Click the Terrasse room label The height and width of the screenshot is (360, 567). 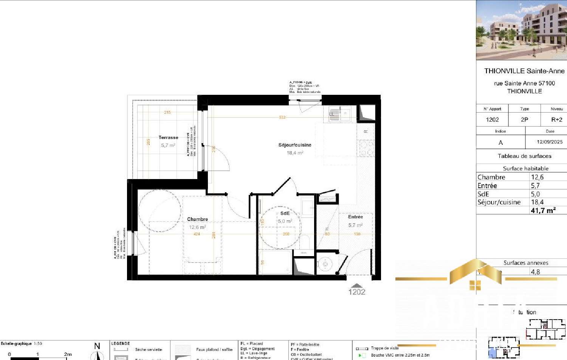[168, 138]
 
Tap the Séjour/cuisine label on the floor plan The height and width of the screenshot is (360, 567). [295, 145]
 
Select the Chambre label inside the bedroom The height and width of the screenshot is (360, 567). [197, 219]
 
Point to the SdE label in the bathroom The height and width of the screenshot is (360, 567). [285, 213]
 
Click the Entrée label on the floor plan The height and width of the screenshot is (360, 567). [355, 217]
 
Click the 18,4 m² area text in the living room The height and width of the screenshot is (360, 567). [295, 153]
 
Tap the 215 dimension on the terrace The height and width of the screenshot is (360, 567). [167, 112]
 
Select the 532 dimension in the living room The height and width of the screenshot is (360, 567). [282, 117]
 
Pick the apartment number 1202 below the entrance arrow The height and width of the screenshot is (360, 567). [357, 292]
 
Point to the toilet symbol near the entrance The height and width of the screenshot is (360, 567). [324, 264]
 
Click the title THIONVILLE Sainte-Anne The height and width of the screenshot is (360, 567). [524, 71]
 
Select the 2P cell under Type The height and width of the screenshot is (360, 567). [524, 119]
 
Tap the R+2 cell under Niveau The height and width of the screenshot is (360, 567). [556, 119]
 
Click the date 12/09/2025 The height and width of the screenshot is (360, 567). [550, 142]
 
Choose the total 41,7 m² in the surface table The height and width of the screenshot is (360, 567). [543, 210]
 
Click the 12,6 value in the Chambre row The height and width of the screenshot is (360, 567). [537, 177]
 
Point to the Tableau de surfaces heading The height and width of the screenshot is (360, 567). [524, 156]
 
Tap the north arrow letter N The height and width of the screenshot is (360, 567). [97, 346]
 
